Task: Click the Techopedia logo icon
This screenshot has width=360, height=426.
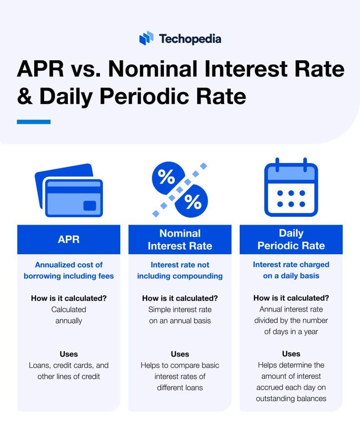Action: [146, 38]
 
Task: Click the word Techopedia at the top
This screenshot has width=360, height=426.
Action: [190, 39]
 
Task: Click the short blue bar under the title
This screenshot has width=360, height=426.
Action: [34, 122]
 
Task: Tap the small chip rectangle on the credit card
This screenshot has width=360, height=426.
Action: [89, 206]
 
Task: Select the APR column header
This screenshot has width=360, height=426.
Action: [69, 240]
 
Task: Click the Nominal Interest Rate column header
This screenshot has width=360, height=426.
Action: [180, 240]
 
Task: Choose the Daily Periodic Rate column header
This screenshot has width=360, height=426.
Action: [291, 240]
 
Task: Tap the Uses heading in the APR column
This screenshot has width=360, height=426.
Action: [69, 354]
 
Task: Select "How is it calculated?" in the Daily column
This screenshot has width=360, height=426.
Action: [291, 298]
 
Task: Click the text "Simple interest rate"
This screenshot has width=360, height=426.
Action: [180, 309]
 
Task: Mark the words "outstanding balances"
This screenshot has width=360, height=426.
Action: [291, 398]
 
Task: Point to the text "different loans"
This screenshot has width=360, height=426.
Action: [180, 387]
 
